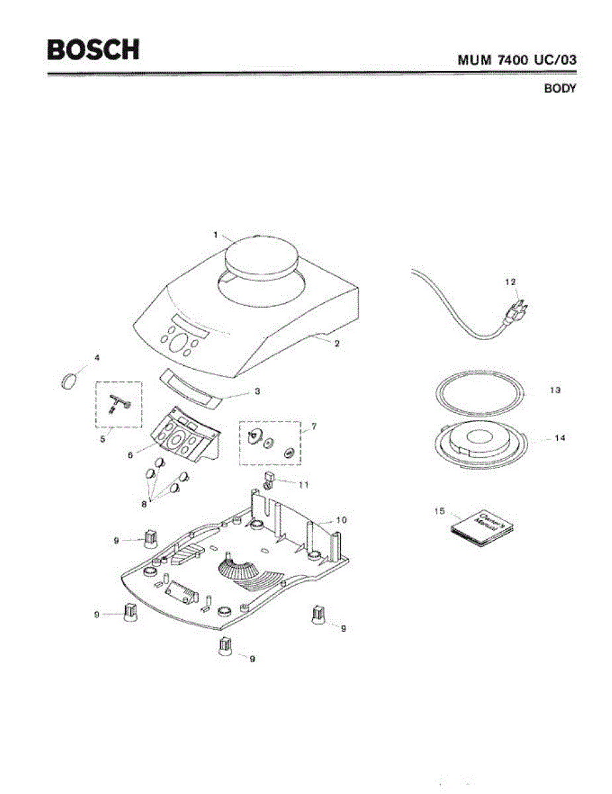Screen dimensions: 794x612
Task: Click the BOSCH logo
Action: pos(93,50)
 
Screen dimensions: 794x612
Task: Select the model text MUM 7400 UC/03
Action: pos(517,60)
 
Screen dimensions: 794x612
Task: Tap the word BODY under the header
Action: pos(560,89)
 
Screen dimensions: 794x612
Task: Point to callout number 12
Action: pos(510,282)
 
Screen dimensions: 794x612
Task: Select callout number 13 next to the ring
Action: pos(555,390)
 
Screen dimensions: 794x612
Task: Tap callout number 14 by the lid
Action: pos(560,438)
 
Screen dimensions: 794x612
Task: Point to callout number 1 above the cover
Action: pos(216,234)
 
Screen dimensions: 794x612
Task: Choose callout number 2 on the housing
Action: pos(337,344)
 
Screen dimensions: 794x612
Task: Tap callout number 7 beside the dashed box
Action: pos(314,427)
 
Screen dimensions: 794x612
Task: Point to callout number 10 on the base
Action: pos(341,520)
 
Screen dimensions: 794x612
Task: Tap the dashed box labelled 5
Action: pos(119,404)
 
